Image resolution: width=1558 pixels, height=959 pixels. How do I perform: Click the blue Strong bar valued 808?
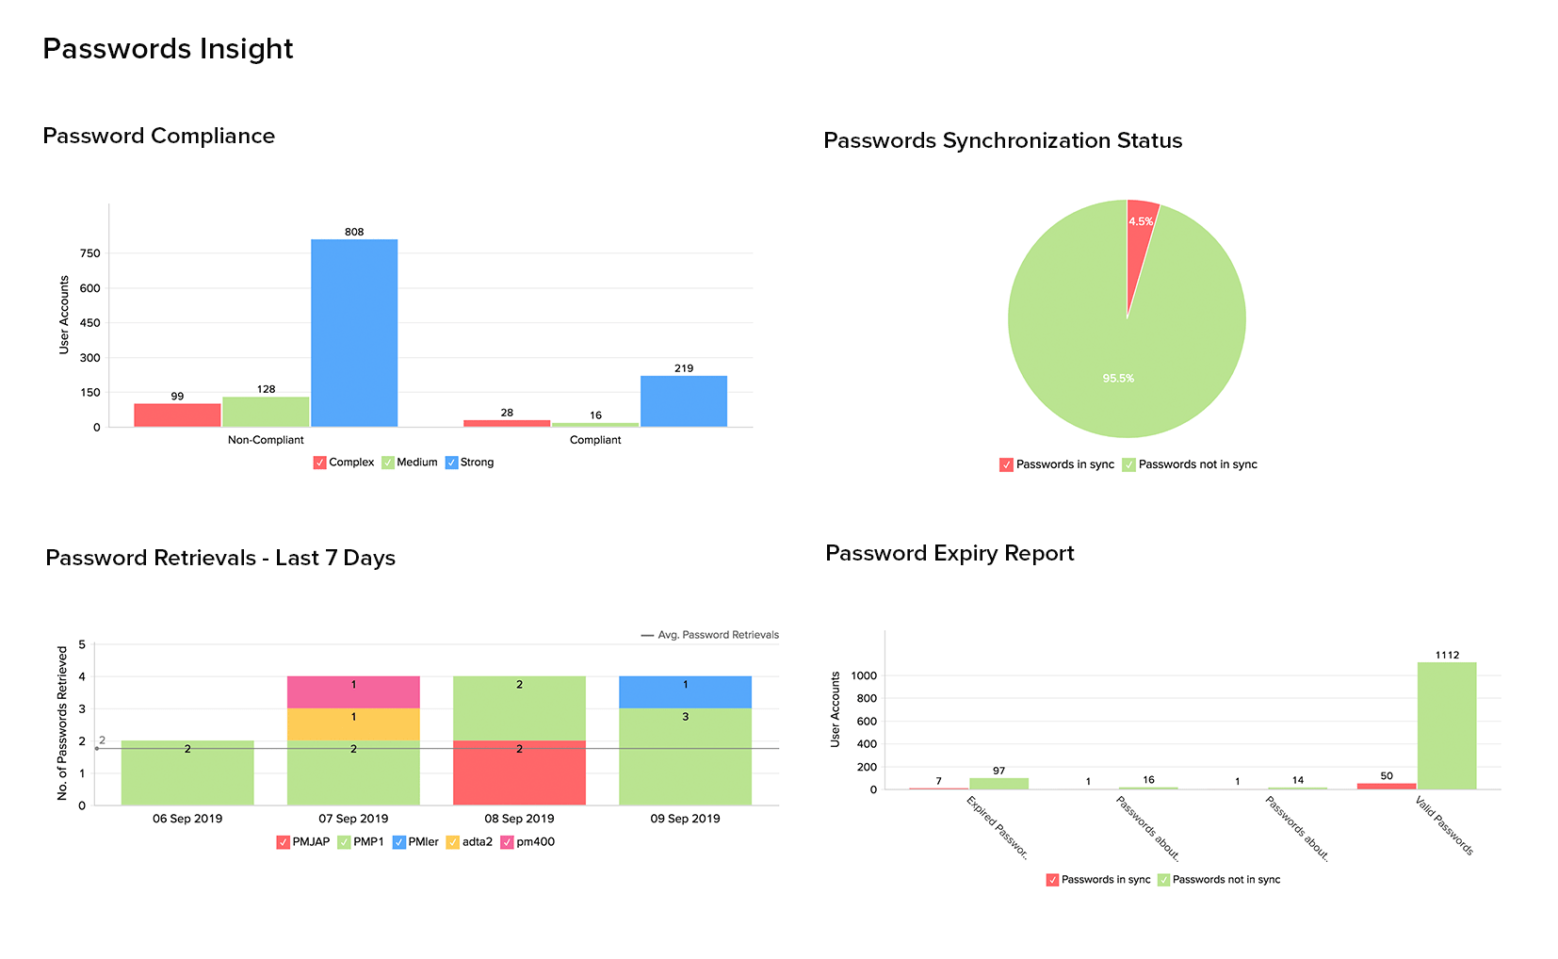click(354, 333)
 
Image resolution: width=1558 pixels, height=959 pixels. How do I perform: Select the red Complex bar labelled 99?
click(177, 415)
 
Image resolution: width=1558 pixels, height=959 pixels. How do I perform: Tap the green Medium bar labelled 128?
click(266, 412)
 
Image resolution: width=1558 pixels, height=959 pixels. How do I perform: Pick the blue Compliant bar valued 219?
click(684, 401)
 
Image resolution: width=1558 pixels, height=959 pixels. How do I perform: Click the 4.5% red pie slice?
click(1140, 236)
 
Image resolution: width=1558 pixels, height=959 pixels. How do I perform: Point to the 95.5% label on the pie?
click(1118, 379)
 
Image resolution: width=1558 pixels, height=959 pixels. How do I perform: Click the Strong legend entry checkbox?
click(452, 463)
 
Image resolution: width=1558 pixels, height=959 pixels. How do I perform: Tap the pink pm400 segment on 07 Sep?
click(353, 692)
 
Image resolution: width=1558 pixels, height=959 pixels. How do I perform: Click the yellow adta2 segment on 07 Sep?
click(353, 724)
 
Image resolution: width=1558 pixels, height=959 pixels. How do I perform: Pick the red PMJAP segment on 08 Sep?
click(519, 772)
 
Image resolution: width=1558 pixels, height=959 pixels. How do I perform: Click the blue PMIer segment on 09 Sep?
click(685, 692)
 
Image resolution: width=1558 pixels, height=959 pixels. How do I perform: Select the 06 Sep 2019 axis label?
click(187, 819)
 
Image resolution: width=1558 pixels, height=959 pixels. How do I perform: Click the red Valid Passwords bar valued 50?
click(1387, 786)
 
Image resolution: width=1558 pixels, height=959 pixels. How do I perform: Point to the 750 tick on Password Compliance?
click(90, 253)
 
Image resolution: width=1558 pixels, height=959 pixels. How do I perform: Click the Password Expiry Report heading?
click(949, 553)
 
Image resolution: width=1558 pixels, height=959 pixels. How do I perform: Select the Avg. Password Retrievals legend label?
click(718, 635)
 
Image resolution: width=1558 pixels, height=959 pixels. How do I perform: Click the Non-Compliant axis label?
click(266, 440)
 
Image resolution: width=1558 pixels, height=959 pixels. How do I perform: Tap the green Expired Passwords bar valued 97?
click(998, 784)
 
